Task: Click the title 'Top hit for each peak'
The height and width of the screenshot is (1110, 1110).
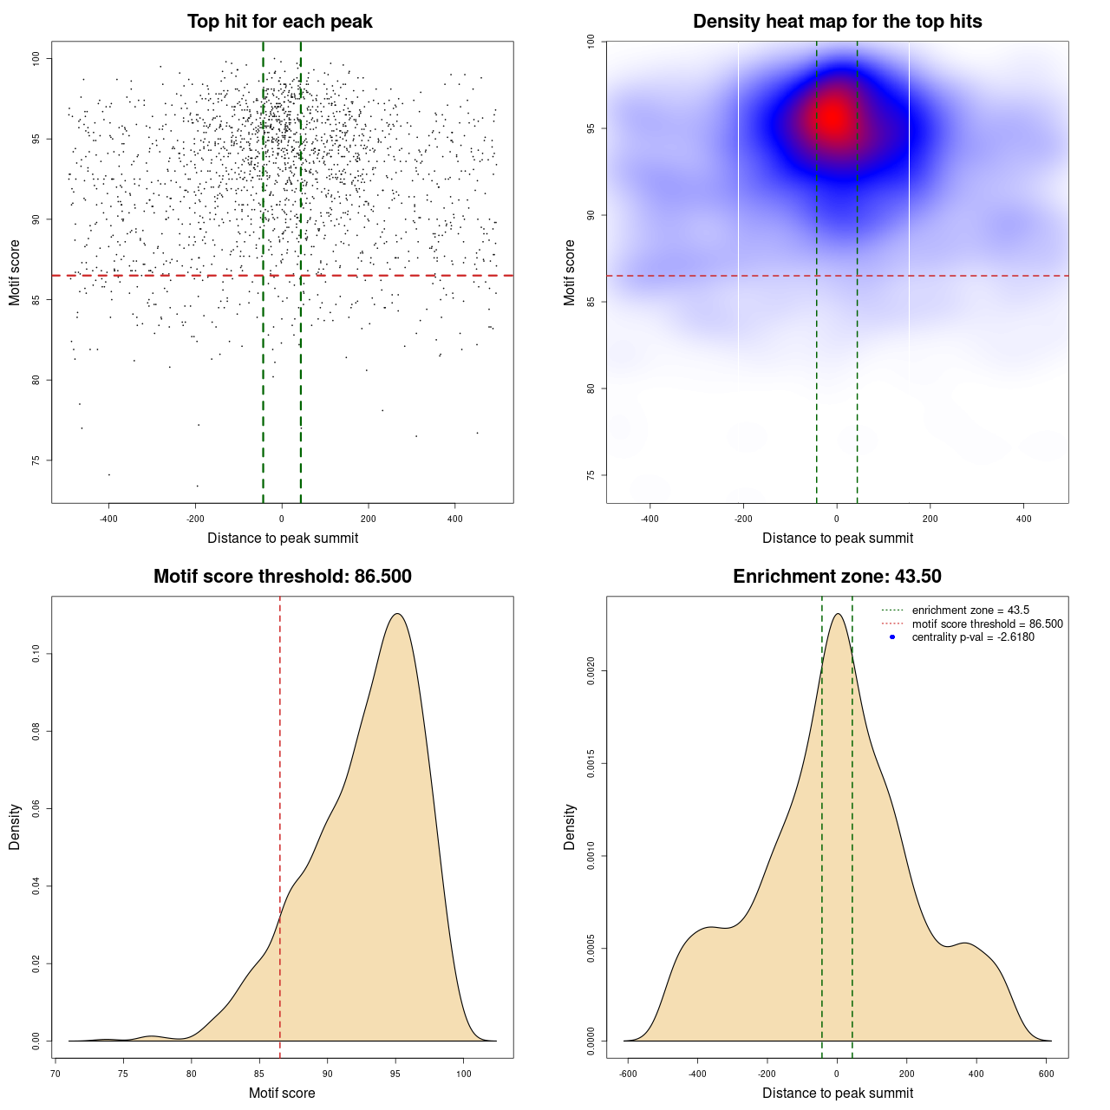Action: click(279, 22)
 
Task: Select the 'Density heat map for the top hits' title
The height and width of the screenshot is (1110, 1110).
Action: click(837, 22)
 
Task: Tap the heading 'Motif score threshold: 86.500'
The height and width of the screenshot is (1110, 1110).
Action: click(282, 577)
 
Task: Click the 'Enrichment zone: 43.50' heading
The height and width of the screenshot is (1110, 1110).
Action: click(837, 577)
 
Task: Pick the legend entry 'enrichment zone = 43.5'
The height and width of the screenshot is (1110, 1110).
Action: click(970, 610)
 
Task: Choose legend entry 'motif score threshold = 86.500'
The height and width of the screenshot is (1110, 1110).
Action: click(987, 624)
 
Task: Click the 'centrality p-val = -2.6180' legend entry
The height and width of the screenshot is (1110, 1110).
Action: click(973, 637)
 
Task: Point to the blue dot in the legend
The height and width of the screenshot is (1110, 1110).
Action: click(892, 637)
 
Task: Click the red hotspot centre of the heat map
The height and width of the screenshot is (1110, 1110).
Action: click(832, 117)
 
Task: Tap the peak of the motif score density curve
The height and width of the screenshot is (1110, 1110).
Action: click(397, 614)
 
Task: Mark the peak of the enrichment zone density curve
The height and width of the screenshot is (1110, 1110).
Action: click(837, 614)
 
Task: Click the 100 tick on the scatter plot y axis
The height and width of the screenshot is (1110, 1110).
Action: click(36, 58)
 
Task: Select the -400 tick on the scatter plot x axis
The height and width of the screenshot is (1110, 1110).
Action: click(108, 519)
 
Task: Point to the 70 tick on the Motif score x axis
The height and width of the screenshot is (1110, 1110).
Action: click(55, 1074)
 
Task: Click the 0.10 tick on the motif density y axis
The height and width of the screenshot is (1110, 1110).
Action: click(36, 654)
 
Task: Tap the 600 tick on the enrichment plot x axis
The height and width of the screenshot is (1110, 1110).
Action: click(1046, 1074)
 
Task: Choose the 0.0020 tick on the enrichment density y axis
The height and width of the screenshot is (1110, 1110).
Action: click(591, 670)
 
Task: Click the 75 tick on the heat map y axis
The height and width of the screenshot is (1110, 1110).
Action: click(591, 475)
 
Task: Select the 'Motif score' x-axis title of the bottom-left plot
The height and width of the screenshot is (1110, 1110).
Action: click(282, 1093)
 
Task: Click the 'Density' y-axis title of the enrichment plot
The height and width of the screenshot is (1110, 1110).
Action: click(570, 826)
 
